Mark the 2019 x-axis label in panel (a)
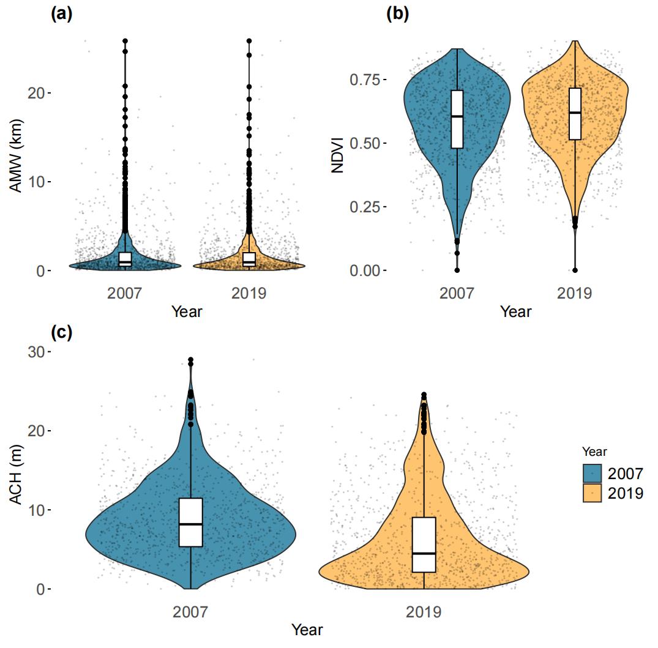pos(249,294)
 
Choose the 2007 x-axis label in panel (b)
pos(457,294)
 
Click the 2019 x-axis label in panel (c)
pos(424,612)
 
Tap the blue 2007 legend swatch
pos(593,473)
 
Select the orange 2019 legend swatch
pos(593,493)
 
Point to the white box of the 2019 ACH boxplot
pos(424,545)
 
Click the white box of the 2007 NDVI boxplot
pos(457,119)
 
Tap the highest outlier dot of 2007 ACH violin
pos(191,360)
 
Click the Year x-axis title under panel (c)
pos(307,629)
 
